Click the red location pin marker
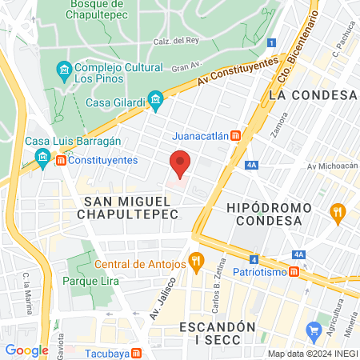(x=181, y=163)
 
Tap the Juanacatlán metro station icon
(x=235, y=136)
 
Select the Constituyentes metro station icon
(x=60, y=160)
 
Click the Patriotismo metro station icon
(x=294, y=272)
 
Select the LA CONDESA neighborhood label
(x=312, y=95)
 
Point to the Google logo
(x=27, y=350)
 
